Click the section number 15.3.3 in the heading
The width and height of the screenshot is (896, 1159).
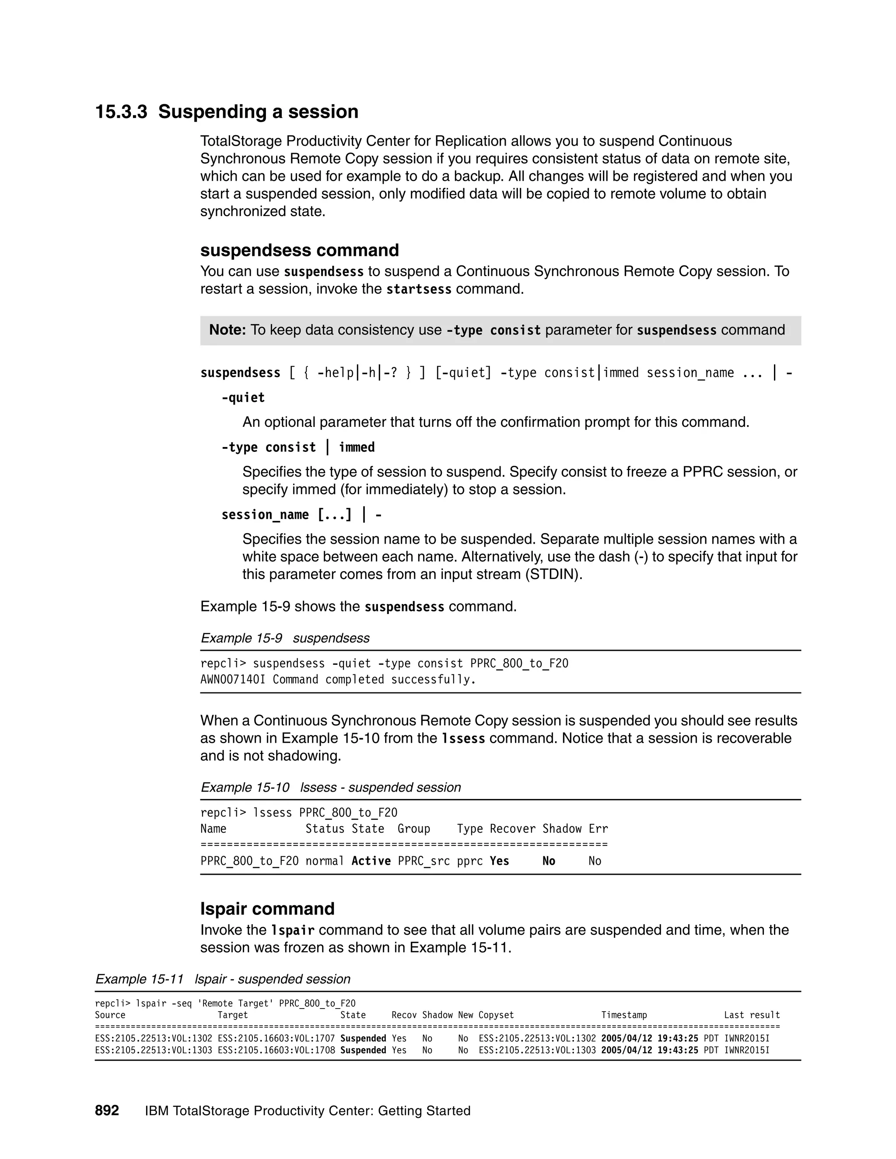[121, 112]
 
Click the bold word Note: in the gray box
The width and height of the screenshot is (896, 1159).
[227, 330]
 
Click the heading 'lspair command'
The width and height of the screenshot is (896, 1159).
[267, 908]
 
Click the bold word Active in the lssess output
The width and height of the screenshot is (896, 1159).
[371, 861]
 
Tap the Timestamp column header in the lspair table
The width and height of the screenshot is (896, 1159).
[624, 1015]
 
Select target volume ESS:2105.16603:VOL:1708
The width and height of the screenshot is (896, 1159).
[276, 1050]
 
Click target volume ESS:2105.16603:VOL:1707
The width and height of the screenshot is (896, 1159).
[276, 1039]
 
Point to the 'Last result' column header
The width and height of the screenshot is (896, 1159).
[752, 1015]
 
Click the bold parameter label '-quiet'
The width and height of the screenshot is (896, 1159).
[243, 398]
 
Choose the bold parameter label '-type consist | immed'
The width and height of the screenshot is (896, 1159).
[298, 447]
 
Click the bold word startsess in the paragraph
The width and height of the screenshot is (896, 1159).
[418, 289]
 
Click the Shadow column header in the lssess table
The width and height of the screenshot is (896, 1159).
[562, 829]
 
